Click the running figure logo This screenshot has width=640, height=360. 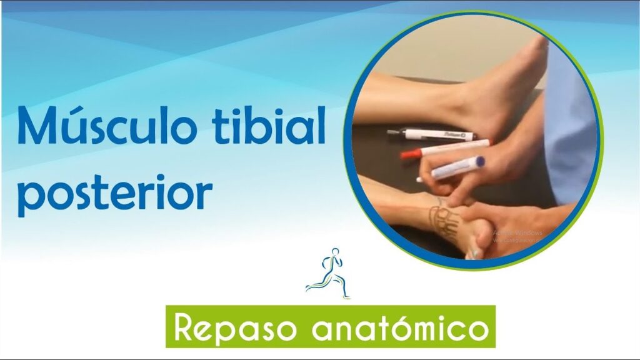(x=328, y=274)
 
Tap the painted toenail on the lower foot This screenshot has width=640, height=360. (x=476, y=254)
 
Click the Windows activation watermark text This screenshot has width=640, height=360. (x=517, y=235)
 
